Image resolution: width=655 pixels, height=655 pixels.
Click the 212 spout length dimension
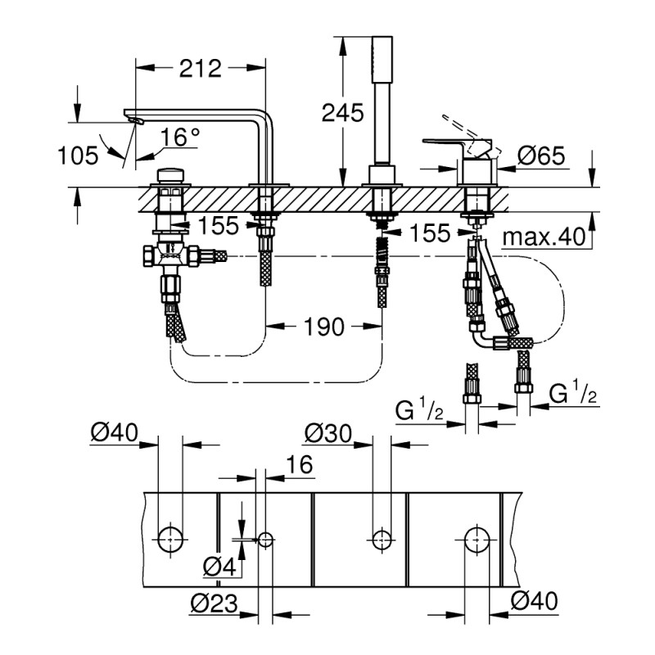coord(201,69)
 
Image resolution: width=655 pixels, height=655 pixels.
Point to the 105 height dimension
coord(79,154)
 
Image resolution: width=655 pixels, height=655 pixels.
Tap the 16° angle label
coord(179,138)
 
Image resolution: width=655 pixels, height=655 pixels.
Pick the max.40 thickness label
coord(544,237)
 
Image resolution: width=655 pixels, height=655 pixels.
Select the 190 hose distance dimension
coord(323,327)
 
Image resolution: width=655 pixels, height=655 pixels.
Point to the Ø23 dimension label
coord(214,603)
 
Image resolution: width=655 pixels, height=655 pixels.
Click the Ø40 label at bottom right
coord(533,602)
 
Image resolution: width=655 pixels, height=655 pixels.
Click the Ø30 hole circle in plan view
coord(380,539)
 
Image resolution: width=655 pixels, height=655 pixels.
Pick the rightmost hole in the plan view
coord(477,539)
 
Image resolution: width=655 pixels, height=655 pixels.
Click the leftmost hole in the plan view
coord(169,539)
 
